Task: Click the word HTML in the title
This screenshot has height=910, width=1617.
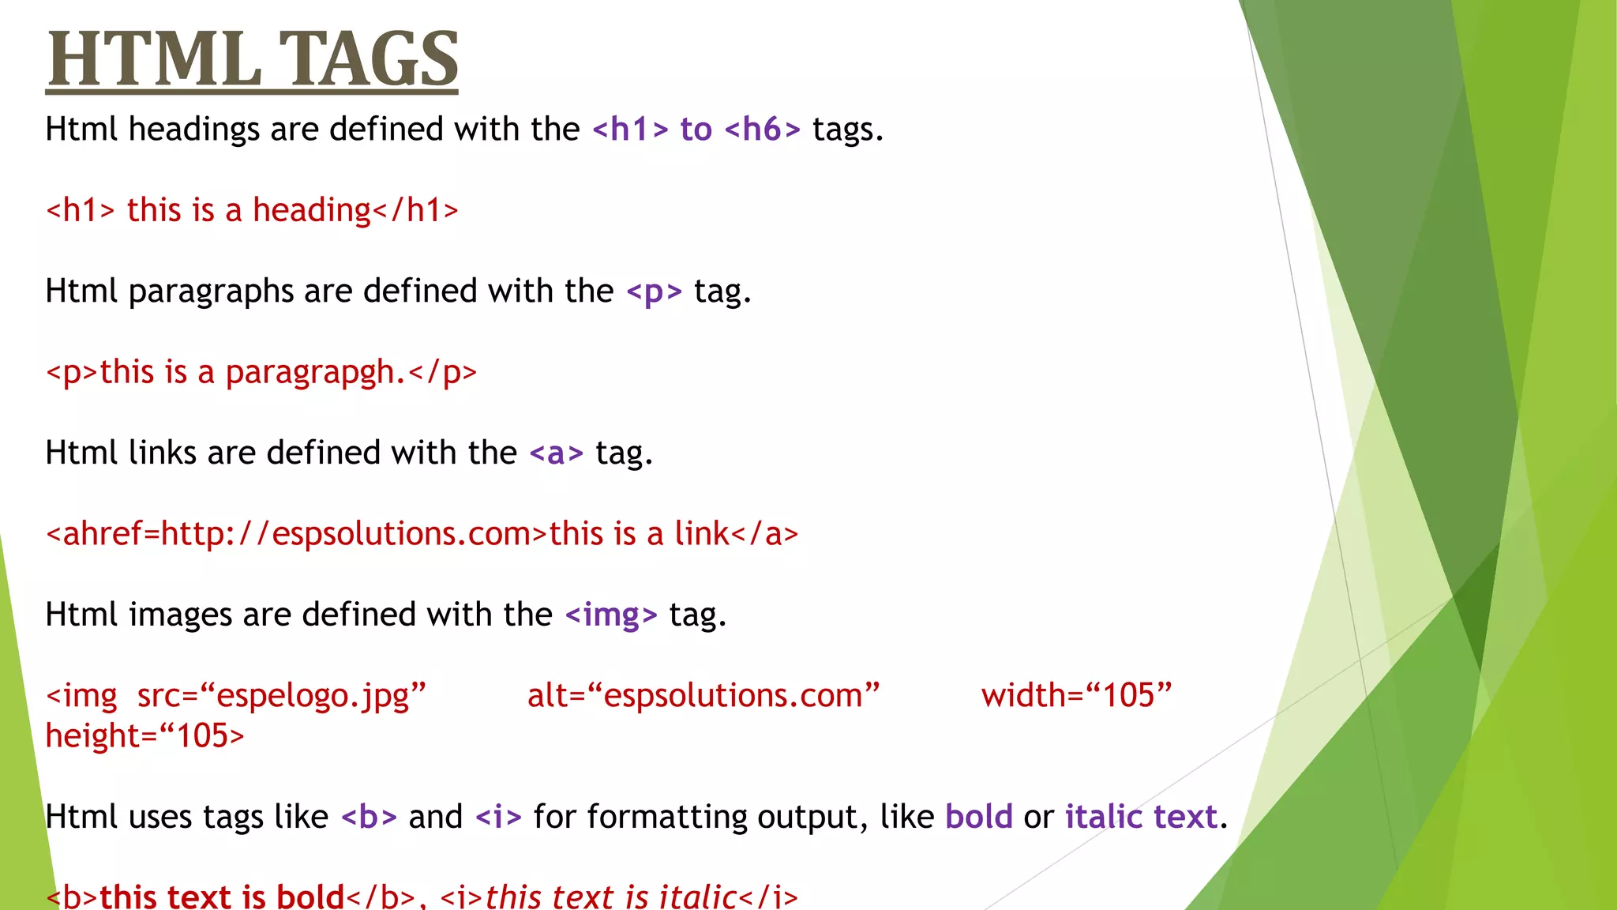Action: click(154, 59)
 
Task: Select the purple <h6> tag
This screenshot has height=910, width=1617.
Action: click(762, 130)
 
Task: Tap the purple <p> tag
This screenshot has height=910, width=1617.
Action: click(654, 291)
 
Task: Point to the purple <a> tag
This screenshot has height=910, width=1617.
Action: click(556, 453)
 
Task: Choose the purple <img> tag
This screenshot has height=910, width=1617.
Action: click(611, 615)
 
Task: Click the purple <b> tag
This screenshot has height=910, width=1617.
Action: click(369, 817)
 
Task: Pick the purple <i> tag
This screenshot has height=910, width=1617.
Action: click(498, 817)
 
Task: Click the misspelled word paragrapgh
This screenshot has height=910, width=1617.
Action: click(315, 372)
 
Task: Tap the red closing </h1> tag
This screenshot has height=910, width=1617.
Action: click(415, 211)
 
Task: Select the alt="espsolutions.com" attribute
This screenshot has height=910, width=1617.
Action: click(703, 696)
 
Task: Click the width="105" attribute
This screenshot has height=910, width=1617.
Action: click(1076, 696)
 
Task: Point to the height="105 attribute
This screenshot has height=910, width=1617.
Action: click(144, 736)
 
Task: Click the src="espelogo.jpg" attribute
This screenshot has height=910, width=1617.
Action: click(282, 696)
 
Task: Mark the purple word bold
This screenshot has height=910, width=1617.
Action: click(978, 817)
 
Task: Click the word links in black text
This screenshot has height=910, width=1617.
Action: click(162, 453)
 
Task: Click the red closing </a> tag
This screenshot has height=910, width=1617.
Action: click(765, 534)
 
